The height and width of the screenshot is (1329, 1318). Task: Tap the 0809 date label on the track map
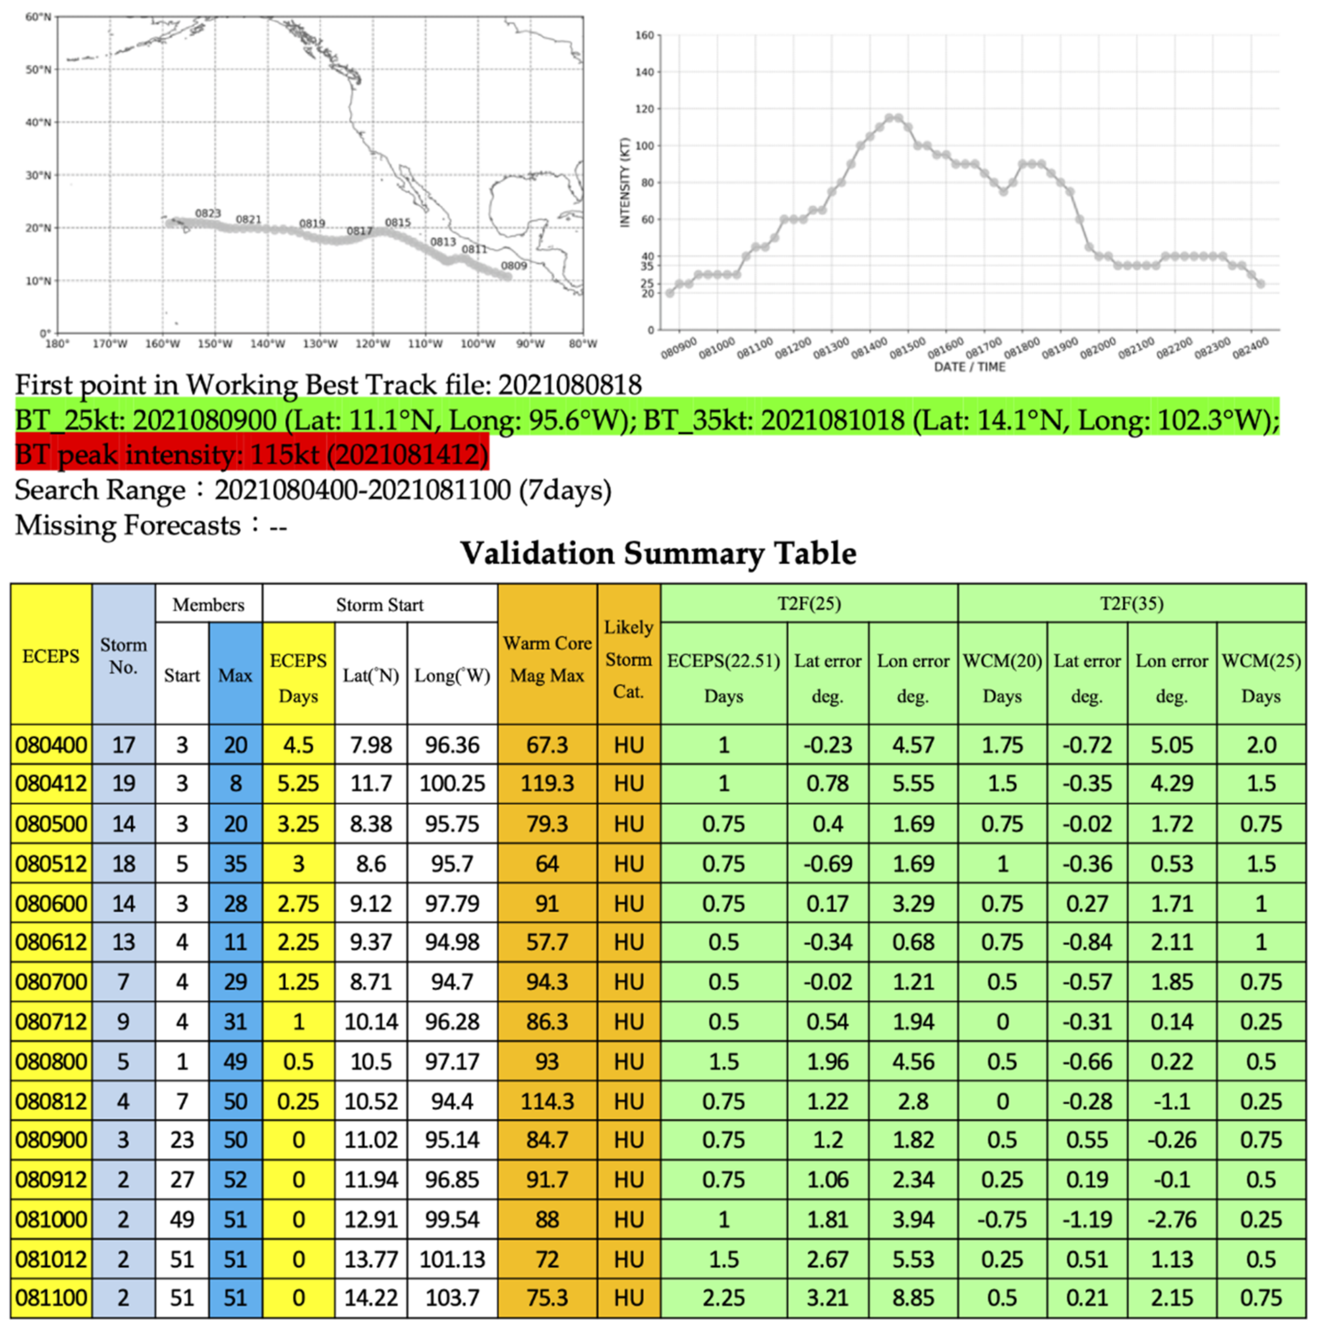point(514,266)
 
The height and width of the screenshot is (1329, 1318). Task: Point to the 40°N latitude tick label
point(38,122)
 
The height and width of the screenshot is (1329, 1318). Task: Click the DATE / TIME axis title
point(969,367)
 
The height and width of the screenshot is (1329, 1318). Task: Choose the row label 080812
point(51,1101)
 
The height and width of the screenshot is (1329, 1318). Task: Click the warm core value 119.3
point(547,784)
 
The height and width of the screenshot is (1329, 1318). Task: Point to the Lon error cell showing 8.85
point(913,1298)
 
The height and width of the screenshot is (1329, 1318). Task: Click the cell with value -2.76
point(1172,1220)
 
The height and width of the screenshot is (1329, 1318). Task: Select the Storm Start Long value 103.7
point(452,1298)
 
